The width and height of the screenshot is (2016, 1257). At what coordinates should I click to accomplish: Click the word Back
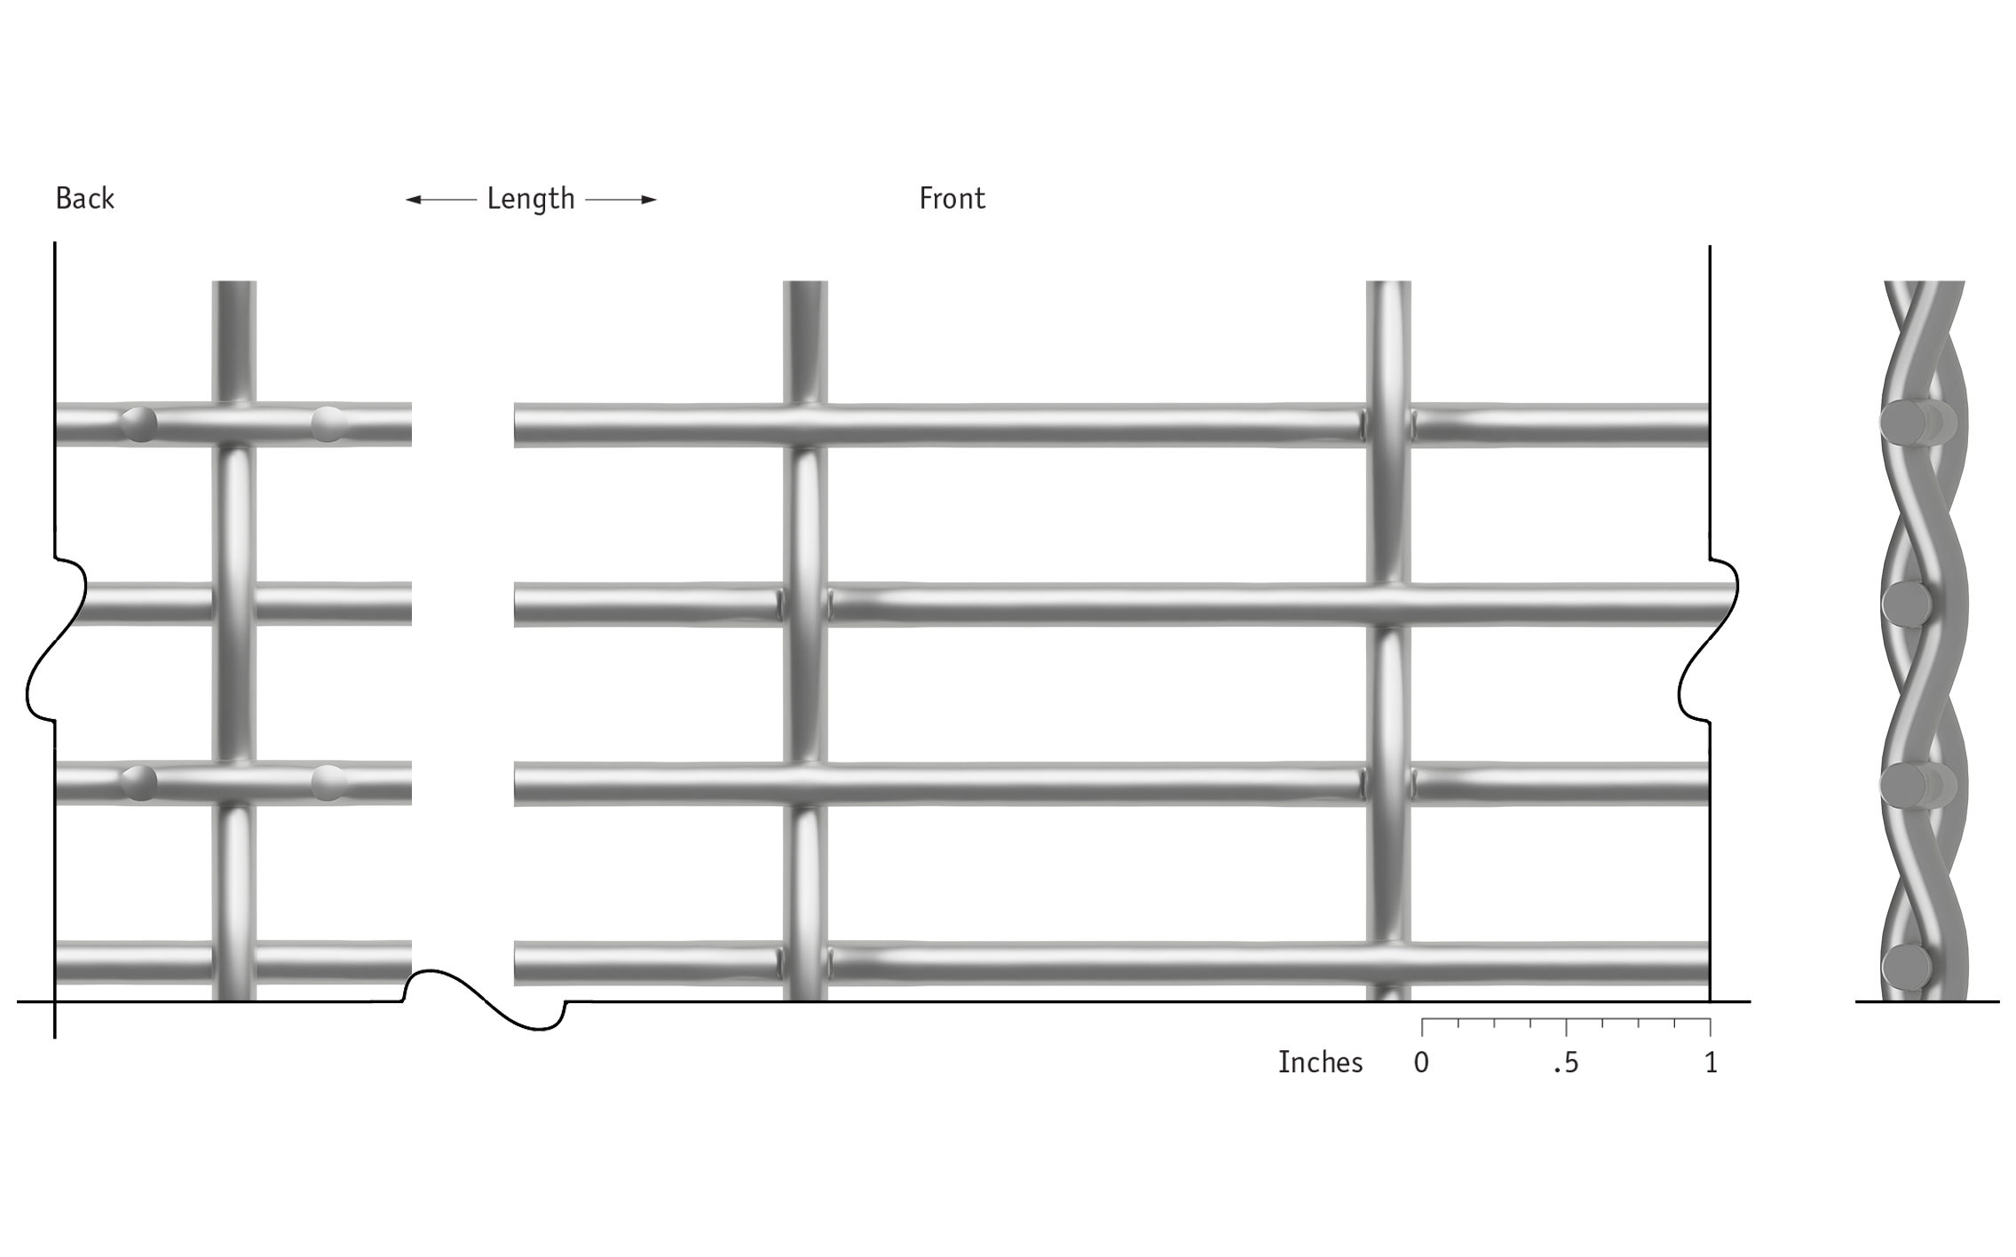(84, 198)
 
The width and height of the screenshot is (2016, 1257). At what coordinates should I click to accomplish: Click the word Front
(952, 198)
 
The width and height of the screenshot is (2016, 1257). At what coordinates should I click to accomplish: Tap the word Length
(531, 199)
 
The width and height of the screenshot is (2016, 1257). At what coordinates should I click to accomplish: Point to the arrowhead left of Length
(414, 200)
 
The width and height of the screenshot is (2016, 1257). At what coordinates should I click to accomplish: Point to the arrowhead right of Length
(648, 200)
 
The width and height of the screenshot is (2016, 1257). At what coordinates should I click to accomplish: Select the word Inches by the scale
(1320, 1062)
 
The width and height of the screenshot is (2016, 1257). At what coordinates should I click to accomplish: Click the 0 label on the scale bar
(1421, 1063)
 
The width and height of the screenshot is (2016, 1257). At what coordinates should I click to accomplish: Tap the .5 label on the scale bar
(1566, 1063)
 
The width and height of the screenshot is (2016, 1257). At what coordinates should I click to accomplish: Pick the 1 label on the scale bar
(1711, 1063)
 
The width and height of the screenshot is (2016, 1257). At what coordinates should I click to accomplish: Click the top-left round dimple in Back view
(138, 424)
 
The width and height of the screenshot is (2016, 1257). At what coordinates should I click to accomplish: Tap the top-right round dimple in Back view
(328, 424)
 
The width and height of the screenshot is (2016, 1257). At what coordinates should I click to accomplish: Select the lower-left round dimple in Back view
(138, 783)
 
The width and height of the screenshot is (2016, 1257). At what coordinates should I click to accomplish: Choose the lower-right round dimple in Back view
(328, 783)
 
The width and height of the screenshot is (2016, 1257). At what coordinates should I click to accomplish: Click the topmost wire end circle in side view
(1905, 423)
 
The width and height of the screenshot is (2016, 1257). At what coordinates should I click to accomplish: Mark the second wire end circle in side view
(1906, 604)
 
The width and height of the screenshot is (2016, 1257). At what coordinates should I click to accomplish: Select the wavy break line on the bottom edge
(486, 1000)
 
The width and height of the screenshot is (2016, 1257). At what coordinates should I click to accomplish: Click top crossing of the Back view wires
(234, 424)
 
